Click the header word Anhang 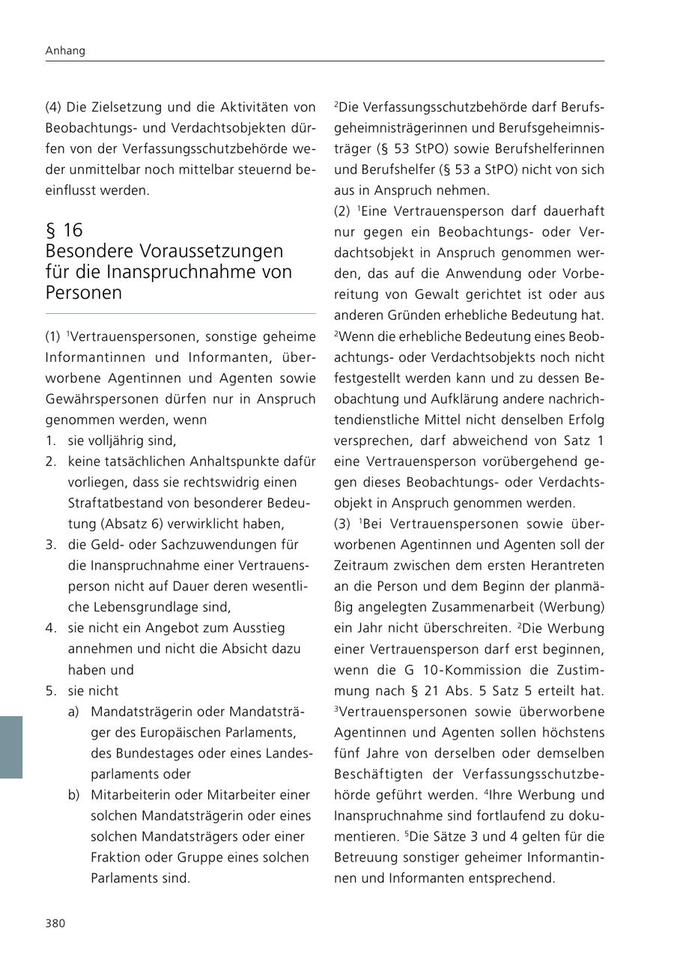pyautogui.click(x=65, y=51)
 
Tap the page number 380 pyautogui.click(x=55, y=923)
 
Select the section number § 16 pyautogui.click(x=64, y=230)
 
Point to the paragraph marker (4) pyautogui.click(x=54, y=106)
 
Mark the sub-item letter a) pyautogui.click(x=73, y=712)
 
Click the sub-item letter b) pyautogui.click(x=73, y=794)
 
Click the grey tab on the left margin pyautogui.click(x=11, y=747)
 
